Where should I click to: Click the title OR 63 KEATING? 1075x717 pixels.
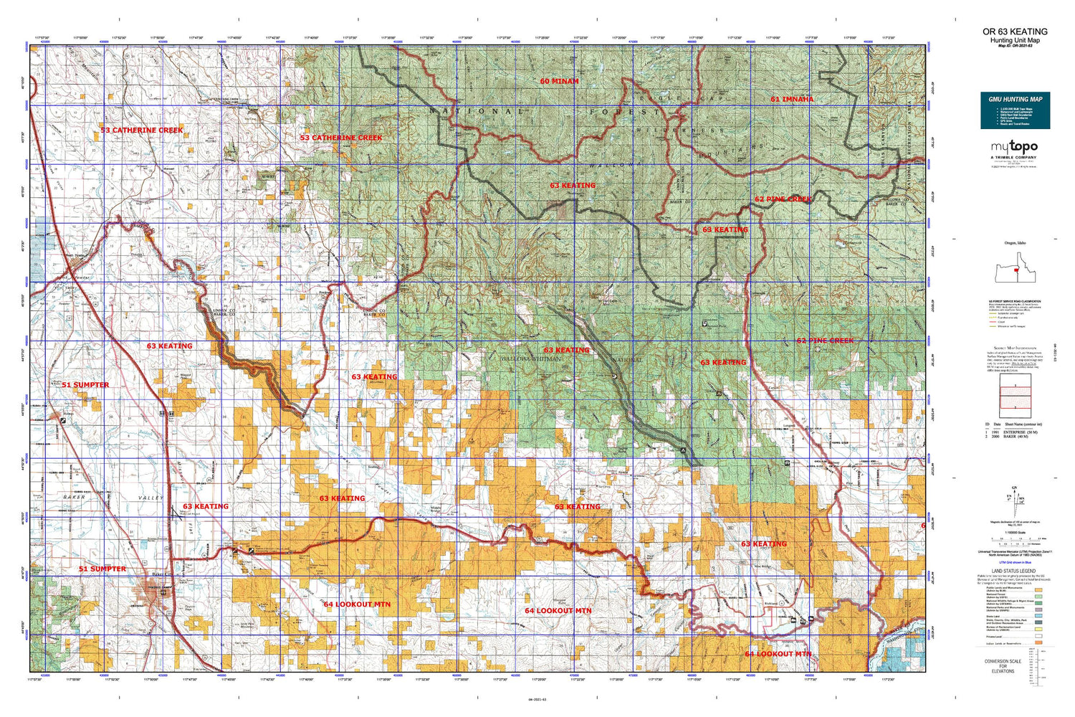coord(1015,32)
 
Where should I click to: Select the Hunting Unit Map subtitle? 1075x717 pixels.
coord(1015,40)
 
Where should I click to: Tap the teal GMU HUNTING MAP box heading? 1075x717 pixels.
coord(1015,99)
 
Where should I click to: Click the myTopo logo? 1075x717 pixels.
coord(1014,147)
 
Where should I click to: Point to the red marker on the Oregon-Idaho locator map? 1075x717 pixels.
coord(1016,270)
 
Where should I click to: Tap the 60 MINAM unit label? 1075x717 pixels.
coord(559,82)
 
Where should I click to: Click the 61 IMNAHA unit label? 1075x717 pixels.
coord(792,99)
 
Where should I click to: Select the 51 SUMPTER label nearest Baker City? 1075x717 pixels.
coord(102,569)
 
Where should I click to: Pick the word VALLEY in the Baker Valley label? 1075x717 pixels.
coord(150,498)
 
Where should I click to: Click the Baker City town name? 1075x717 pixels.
coord(159,574)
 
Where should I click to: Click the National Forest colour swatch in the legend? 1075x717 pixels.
coord(1038,595)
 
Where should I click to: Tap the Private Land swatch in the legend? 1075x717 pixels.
coord(1038,636)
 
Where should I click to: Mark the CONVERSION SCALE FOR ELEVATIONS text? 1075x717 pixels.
coord(1003,666)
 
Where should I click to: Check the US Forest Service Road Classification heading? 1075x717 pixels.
coord(1015,302)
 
